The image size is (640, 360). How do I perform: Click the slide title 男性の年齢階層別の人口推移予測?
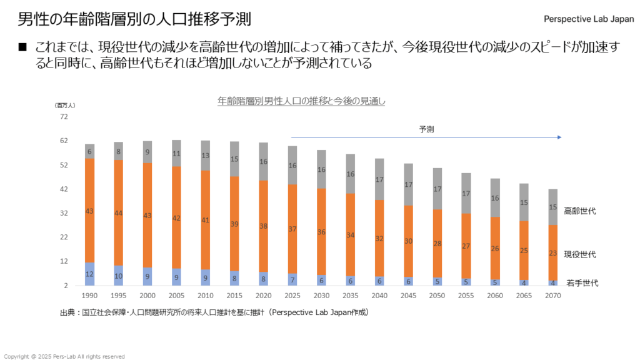click(x=134, y=19)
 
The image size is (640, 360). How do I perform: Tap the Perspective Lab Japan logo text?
click(x=589, y=19)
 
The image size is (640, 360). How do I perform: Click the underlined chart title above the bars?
click(x=301, y=101)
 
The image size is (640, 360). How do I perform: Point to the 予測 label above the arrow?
click(x=426, y=129)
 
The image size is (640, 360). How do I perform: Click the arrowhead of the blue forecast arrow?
click(x=559, y=137)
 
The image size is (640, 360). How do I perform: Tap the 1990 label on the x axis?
click(x=90, y=295)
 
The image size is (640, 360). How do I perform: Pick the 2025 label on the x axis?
click(x=292, y=295)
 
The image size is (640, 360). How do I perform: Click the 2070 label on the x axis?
click(x=552, y=295)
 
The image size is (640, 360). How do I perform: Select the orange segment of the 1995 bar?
click(x=119, y=212)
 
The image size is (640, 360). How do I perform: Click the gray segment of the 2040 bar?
click(x=379, y=179)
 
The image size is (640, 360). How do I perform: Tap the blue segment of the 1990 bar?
click(x=90, y=274)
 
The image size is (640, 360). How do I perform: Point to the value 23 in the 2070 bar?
click(x=552, y=253)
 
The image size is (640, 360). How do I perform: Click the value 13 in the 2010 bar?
click(x=206, y=156)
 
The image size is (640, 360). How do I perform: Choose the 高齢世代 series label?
click(x=579, y=211)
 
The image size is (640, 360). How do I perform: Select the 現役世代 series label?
click(x=579, y=254)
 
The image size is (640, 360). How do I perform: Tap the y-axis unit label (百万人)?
click(x=64, y=106)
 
